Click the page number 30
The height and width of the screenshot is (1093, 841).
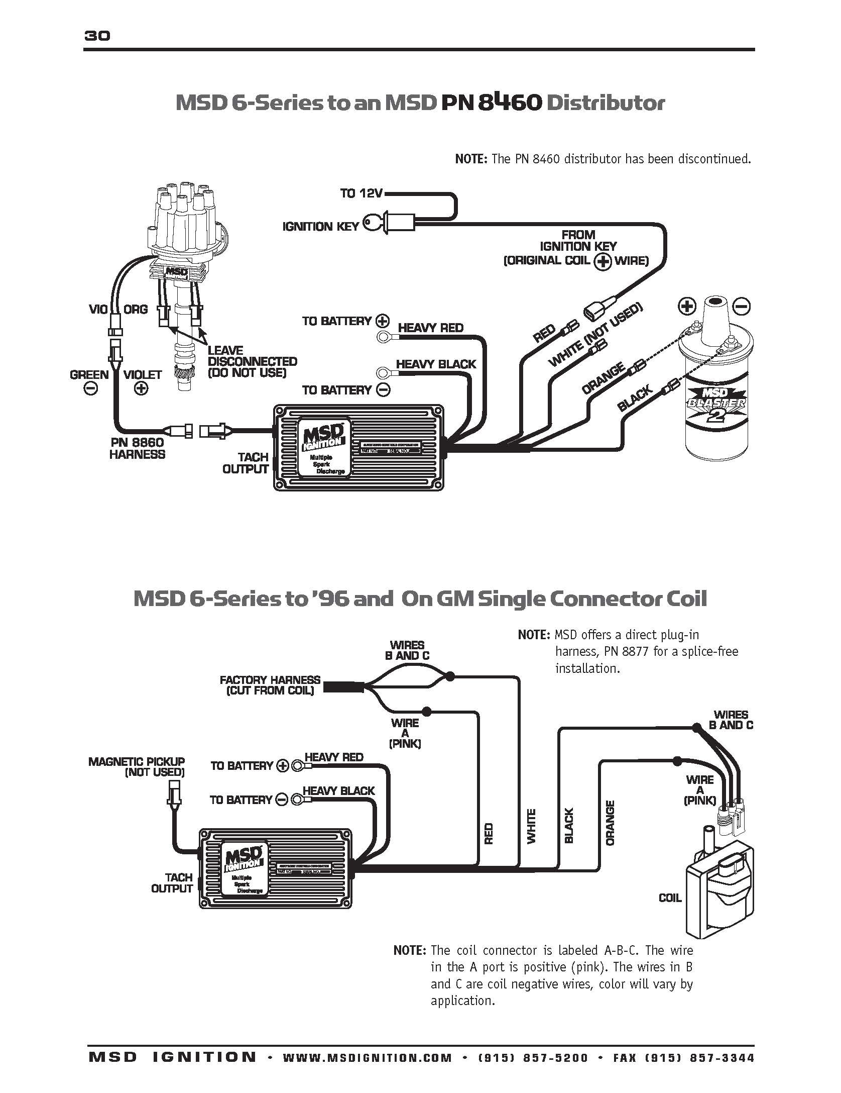[97, 36]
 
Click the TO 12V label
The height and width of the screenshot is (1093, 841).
[361, 193]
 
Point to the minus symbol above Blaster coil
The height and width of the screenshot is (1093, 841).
[742, 306]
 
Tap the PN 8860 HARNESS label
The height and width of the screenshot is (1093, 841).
[137, 448]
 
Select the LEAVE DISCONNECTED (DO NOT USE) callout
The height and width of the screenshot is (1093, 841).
[252, 362]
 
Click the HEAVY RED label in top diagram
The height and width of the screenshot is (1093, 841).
[430, 328]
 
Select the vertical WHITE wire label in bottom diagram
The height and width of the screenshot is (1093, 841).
[532, 826]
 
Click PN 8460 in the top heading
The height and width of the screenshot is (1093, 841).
[492, 103]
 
